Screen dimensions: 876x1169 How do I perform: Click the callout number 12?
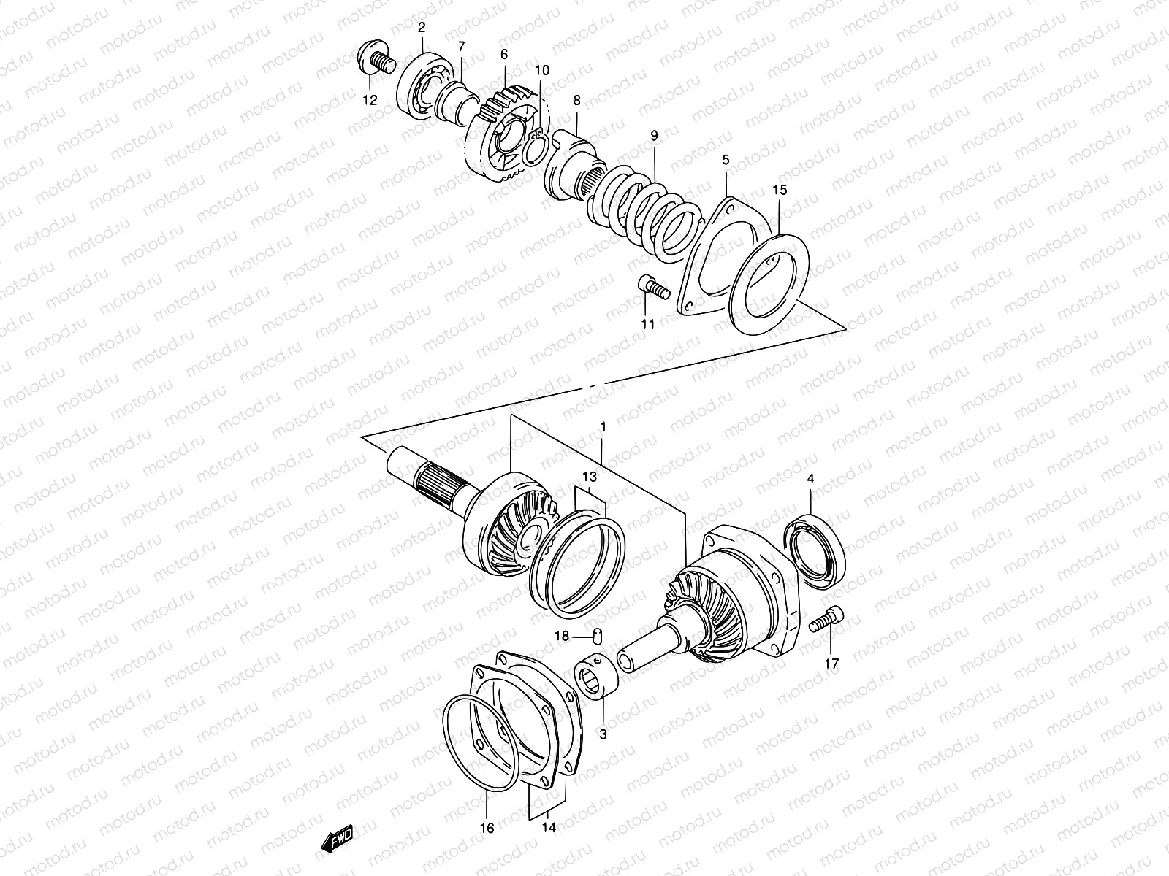(x=370, y=100)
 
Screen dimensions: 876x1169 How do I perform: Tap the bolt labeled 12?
(x=376, y=59)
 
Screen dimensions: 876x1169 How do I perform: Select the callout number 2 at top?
(x=422, y=28)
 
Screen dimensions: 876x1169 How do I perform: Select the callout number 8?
(x=576, y=99)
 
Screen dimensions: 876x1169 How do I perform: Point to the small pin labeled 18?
(x=595, y=637)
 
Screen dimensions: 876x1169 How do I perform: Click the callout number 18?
(x=561, y=637)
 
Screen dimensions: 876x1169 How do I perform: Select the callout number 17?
(x=831, y=664)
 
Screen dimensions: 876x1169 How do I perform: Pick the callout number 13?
(x=589, y=477)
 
